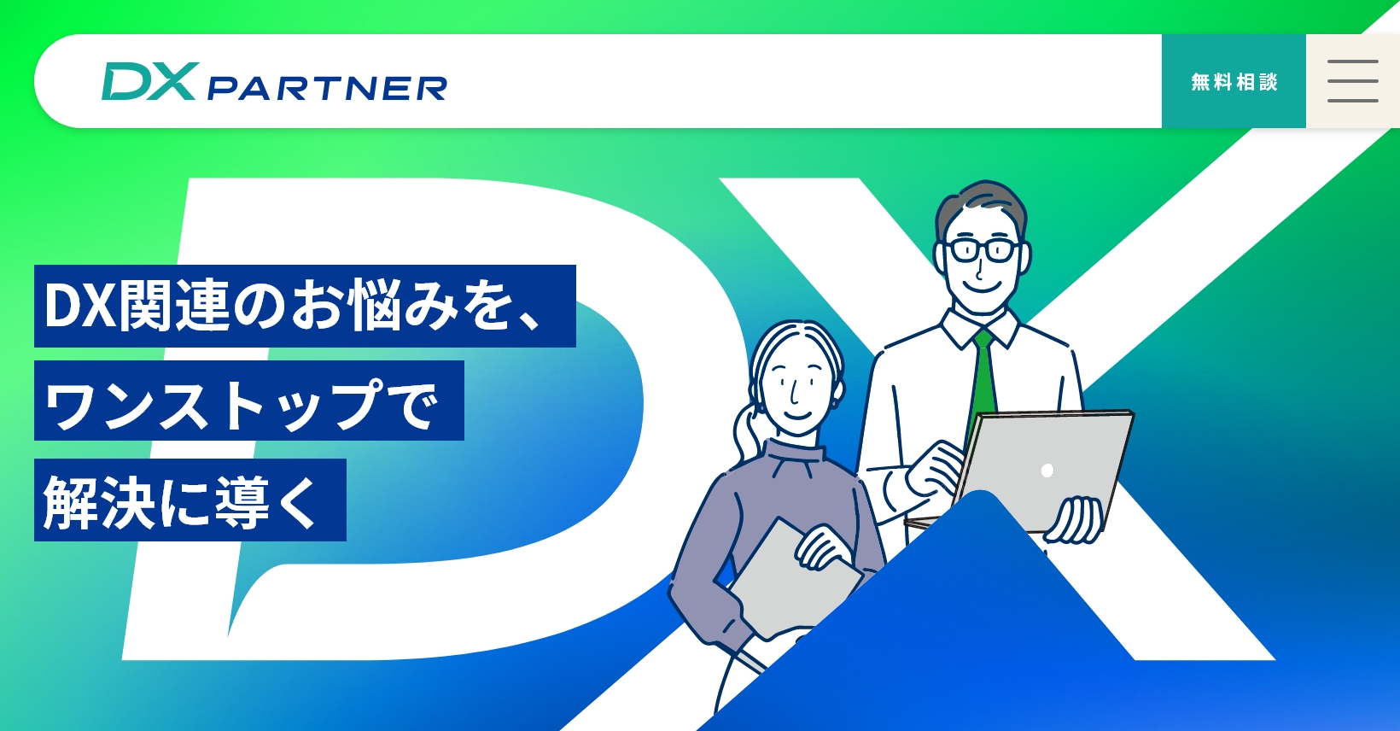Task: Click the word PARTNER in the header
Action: [327, 88]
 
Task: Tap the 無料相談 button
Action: [1234, 82]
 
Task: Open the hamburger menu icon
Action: [1352, 82]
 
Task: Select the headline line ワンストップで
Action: [248, 401]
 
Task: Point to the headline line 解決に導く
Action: [190, 500]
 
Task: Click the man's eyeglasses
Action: [982, 250]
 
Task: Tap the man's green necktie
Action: [984, 376]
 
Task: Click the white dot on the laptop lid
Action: [1047, 471]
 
